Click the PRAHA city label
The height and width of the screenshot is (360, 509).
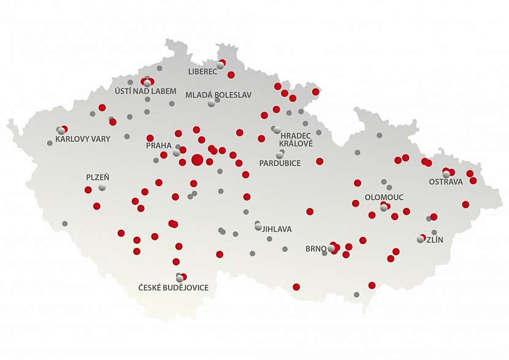coord(158,145)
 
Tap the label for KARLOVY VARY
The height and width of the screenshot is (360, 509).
coord(83,139)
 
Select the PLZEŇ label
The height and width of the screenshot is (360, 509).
coord(98,177)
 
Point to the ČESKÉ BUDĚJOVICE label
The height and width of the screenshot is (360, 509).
coord(173,288)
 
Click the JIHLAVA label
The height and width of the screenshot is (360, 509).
coord(277,229)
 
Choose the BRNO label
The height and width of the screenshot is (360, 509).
coord(316,249)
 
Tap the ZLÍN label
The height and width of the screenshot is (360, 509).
coord(434,240)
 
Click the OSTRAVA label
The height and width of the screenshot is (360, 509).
coord(446,182)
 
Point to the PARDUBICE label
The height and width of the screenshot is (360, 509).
coord(280,163)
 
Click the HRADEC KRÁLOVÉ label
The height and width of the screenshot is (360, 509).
coord(296,139)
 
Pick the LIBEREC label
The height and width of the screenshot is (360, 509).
coord(203,72)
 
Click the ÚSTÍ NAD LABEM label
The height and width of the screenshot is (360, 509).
coord(145,91)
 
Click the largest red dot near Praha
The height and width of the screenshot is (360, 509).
coord(197,160)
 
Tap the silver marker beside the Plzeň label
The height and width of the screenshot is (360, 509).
coord(102,186)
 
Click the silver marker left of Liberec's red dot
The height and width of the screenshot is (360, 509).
coord(220,66)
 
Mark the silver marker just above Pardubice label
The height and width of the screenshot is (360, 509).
coord(280,155)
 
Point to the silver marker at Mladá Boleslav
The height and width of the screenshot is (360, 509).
coord(212,103)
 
